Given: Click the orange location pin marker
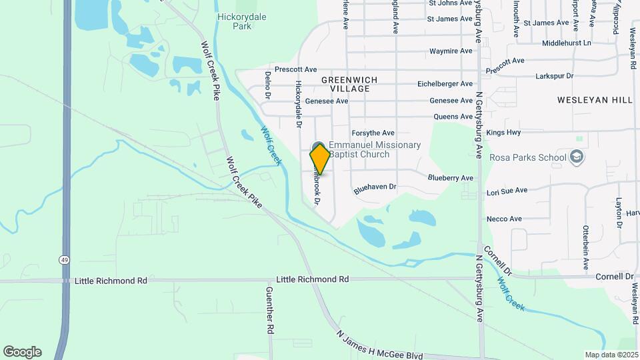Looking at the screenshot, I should (320, 159).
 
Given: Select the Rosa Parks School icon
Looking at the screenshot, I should (577, 157).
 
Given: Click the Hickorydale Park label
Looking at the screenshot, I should (234, 21).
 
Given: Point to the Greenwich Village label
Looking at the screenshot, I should (349, 84).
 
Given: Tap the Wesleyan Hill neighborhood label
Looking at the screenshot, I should (595, 100).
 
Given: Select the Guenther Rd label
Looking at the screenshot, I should (270, 311).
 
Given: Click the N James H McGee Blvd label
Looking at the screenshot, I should (379, 345).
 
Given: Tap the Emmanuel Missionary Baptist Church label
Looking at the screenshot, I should (375, 149).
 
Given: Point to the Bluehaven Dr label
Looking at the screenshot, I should (375, 189).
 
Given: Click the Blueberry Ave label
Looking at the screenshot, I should (451, 178).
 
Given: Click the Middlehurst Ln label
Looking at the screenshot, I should (567, 43).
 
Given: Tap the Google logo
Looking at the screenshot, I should (22, 351).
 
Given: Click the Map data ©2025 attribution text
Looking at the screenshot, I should (611, 355).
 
